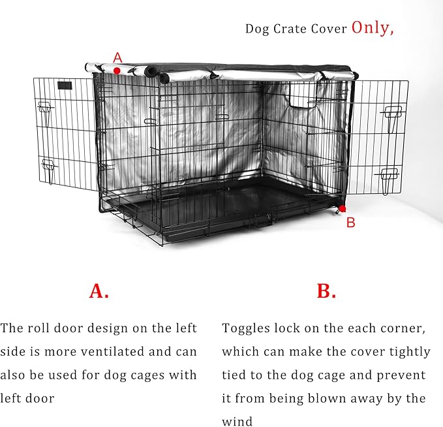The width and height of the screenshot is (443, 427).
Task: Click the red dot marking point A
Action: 117,70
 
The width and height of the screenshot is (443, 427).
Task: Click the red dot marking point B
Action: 342,208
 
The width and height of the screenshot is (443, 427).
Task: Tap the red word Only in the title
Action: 373,27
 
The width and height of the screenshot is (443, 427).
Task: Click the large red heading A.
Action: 99,291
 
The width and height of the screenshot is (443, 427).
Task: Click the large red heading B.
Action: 326,291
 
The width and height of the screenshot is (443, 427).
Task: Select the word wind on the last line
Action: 237,422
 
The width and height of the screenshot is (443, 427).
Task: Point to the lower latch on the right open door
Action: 390,174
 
